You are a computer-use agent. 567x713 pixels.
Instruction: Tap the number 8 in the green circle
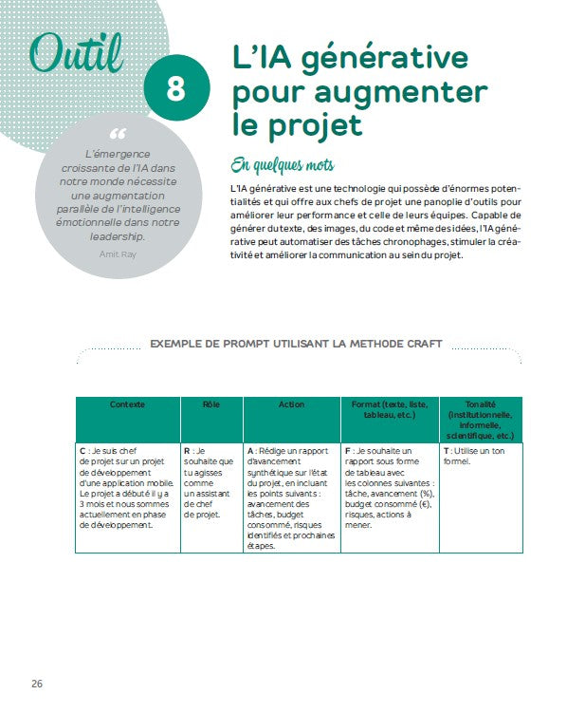click(175, 90)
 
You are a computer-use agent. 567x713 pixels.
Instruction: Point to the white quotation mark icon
click(118, 134)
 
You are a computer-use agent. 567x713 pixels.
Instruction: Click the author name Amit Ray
click(118, 253)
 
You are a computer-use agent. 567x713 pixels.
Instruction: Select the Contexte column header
click(128, 404)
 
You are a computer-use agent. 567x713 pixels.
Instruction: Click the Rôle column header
click(211, 404)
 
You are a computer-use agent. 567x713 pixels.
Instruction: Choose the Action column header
click(291, 404)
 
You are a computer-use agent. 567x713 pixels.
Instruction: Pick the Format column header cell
click(389, 409)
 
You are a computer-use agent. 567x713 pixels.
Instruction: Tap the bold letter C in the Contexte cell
click(82, 451)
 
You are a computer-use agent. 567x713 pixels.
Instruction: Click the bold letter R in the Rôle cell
click(188, 451)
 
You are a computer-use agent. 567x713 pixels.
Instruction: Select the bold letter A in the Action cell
click(250, 451)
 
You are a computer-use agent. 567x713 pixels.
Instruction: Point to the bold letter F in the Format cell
click(348, 451)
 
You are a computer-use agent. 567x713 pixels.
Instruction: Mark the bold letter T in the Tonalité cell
click(446, 451)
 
